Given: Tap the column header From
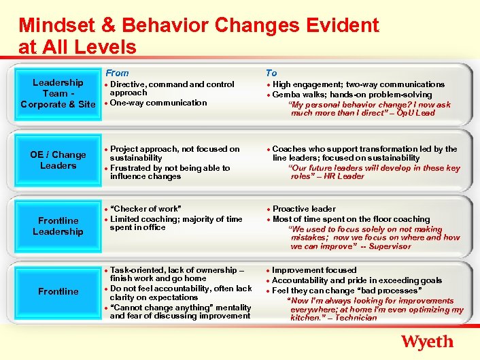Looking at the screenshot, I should [x=117, y=73].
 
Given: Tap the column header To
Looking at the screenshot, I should [x=271, y=73].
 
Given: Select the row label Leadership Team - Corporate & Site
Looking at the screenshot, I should [x=58, y=94].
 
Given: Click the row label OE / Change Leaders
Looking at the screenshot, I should [x=58, y=160].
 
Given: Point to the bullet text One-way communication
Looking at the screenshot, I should [x=158, y=103].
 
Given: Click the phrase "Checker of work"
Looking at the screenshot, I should [x=145, y=209].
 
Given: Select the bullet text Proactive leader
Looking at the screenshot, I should [x=304, y=209].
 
